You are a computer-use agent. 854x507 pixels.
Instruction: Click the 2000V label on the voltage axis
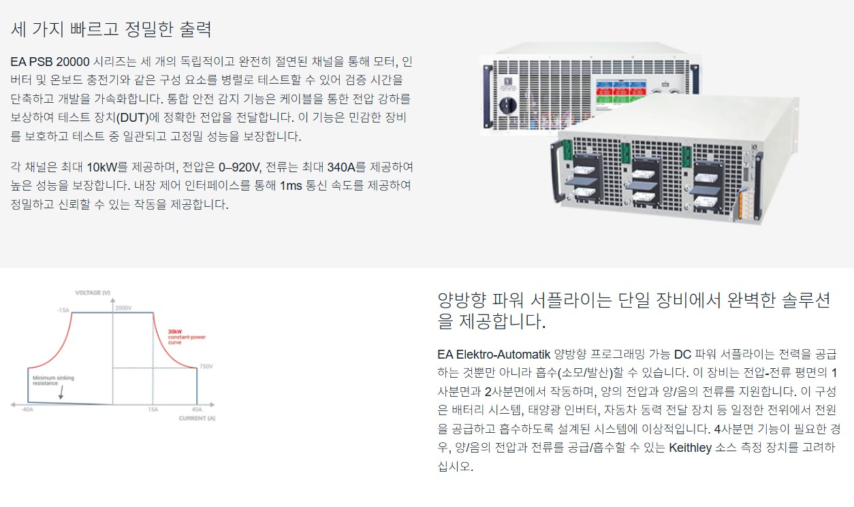(x=123, y=308)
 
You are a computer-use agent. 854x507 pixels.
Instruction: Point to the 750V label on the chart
(x=206, y=367)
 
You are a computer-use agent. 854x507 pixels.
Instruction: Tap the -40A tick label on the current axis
(x=27, y=410)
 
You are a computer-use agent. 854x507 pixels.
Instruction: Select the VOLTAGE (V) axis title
(x=93, y=293)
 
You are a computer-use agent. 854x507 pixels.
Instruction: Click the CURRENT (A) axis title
(x=197, y=418)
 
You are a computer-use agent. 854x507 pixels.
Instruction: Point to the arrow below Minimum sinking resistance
(x=61, y=392)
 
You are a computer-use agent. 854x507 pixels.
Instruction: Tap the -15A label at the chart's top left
(x=63, y=310)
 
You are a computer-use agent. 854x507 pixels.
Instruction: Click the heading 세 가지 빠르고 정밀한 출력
(x=111, y=29)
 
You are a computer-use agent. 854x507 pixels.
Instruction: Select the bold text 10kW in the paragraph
(x=102, y=167)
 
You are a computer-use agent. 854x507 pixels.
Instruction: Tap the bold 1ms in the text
(x=292, y=186)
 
